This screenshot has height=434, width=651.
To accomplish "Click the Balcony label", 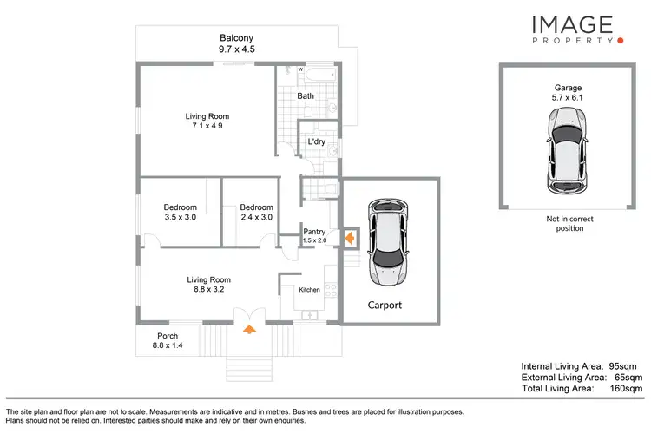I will coord(236,38).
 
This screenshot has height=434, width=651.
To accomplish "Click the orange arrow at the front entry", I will coord(250,329).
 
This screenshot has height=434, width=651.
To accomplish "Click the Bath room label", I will coord(306,96).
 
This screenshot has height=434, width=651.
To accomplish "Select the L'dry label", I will coord(316,142).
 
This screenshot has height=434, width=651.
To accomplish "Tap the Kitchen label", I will coord(309,290).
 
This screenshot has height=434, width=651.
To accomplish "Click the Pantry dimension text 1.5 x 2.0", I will coord(314,240).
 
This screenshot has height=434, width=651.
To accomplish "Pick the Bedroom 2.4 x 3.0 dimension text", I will coord(257,218).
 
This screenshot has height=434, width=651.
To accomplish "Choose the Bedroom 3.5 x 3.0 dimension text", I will coord(181,218).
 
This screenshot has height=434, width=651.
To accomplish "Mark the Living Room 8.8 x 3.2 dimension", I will coord(209,290).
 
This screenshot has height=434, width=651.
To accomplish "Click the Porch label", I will coord(168,336).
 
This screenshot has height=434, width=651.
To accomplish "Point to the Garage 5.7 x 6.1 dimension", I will coord(569,98).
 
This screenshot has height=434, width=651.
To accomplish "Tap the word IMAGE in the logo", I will coord(572,25).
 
